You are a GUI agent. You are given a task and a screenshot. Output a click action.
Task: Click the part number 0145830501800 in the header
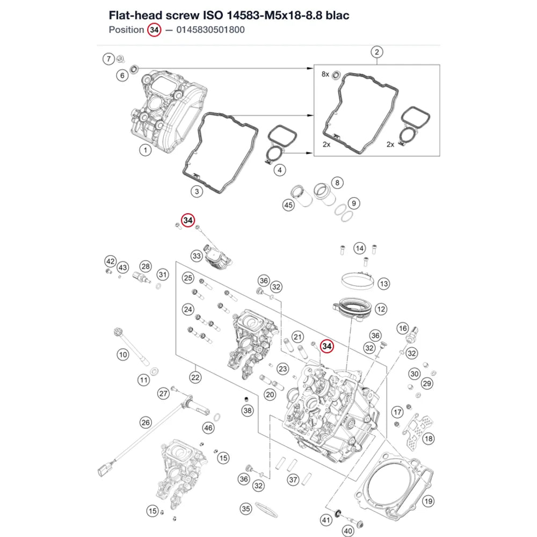(x=211, y=30)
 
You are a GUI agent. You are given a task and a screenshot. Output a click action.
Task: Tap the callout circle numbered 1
(x=145, y=150)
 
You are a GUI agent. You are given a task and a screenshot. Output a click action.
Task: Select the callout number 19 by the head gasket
(x=428, y=502)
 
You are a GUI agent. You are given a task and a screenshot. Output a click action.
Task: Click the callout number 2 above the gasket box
(x=377, y=52)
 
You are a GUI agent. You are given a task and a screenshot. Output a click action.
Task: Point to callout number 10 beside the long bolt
(x=123, y=354)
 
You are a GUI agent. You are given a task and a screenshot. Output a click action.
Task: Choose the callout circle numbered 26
(x=146, y=422)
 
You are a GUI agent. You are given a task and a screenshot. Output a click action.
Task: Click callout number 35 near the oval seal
(x=246, y=509)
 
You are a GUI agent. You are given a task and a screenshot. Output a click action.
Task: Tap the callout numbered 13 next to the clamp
(x=383, y=284)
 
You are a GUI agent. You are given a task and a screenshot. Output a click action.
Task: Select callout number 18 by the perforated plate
(x=429, y=438)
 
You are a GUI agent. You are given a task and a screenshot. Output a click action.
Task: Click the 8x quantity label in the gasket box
(x=325, y=74)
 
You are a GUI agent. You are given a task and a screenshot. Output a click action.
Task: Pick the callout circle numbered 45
(x=288, y=205)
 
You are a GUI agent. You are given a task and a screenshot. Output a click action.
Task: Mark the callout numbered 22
(x=195, y=378)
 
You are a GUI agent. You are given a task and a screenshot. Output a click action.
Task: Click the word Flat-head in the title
(x=136, y=15)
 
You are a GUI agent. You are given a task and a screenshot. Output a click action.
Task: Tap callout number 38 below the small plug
(x=247, y=410)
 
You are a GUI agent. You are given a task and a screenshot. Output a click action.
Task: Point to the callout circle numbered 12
(x=381, y=309)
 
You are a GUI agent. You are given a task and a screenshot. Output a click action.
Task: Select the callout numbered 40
(x=348, y=531)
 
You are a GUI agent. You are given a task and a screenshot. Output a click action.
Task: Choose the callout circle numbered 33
(x=197, y=256)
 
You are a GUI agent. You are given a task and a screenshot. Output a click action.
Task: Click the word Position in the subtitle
(x=126, y=30)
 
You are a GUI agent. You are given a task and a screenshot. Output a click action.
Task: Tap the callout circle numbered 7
(x=108, y=59)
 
